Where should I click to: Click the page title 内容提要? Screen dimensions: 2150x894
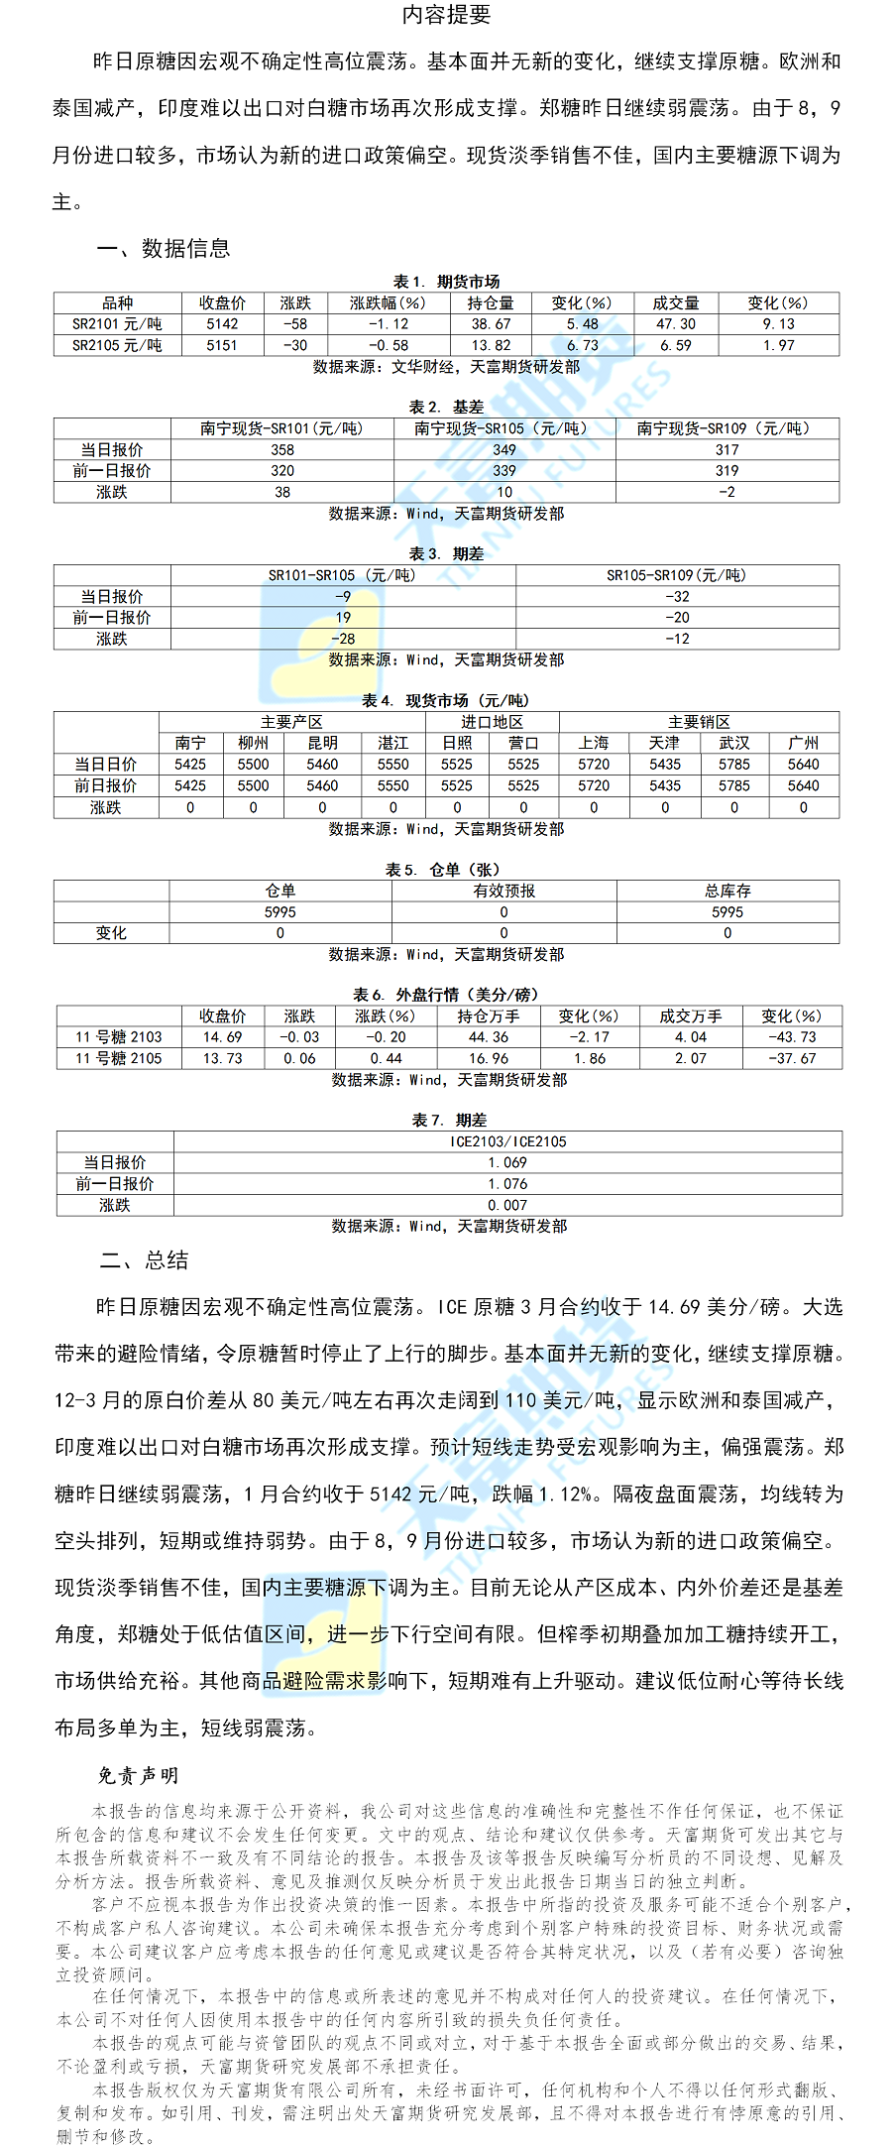[x=446, y=14]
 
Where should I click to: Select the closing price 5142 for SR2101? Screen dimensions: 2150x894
[x=222, y=324]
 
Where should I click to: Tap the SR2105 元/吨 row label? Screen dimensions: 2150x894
[x=117, y=345]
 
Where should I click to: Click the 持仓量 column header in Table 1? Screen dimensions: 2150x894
[x=492, y=302]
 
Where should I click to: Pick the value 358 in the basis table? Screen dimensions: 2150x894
[x=282, y=450]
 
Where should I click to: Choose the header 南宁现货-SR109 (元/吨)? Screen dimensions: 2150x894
[x=726, y=428]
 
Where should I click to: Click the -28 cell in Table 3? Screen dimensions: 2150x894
[x=343, y=639]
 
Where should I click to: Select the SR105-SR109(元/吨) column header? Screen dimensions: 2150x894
[x=677, y=575]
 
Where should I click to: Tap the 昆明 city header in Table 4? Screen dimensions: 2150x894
[x=322, y=743]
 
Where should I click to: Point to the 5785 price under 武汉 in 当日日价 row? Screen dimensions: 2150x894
[x=734, y=765]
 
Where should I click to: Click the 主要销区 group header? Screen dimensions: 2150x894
[x=699, y=722]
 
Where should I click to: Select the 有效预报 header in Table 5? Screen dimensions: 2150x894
[x=503, y=891]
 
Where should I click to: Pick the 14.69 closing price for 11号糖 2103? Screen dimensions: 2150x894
[x=222, y=1037]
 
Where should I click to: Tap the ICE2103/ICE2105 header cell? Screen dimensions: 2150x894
[x=507, y=1141]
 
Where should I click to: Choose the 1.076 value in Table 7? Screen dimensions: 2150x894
[x=507, y=1184]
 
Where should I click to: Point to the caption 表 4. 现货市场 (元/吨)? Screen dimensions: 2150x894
[x=446, y=701]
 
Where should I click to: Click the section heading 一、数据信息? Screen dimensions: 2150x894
[x=164, y=249]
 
